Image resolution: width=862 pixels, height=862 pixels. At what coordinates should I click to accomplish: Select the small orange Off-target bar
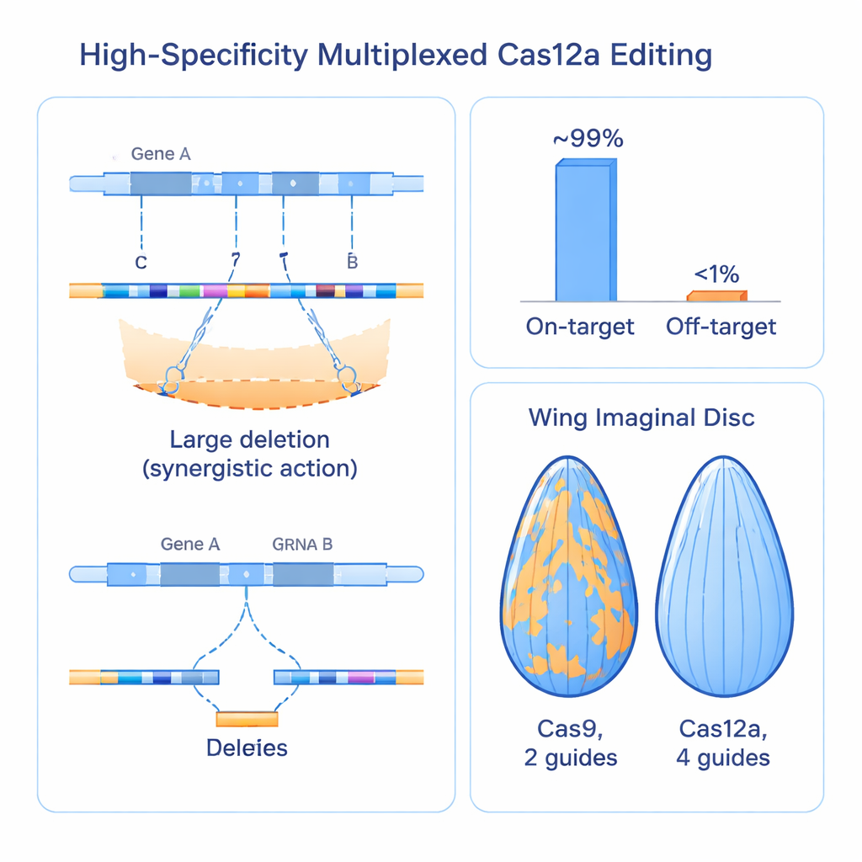click(716, 295)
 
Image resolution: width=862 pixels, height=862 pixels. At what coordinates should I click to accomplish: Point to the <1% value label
click(716, 274)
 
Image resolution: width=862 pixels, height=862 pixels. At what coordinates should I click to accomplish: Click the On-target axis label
click(580, 327)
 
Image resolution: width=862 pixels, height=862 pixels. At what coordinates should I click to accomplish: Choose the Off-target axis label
click(721, 327)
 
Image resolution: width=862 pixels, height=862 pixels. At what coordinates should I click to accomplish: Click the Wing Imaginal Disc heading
click(641, 418)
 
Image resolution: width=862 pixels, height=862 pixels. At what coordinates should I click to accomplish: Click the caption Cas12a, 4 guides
click(722, 742)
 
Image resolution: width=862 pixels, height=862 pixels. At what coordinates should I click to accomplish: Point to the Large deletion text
click(249, 439)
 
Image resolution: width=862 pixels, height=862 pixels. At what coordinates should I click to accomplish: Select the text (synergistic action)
click(249, 469)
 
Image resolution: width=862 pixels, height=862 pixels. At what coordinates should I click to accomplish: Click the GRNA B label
click(302, 544)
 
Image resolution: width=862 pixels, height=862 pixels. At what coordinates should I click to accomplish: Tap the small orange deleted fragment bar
click(247, 719)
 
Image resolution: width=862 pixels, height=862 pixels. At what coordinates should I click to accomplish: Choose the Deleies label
click(247, 748)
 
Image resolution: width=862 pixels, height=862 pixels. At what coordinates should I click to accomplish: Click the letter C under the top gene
click(141, 263)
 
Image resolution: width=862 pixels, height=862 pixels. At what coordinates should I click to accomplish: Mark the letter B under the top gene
click(352, 263)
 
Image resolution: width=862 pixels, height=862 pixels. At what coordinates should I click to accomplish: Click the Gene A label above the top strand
click(161, 155)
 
